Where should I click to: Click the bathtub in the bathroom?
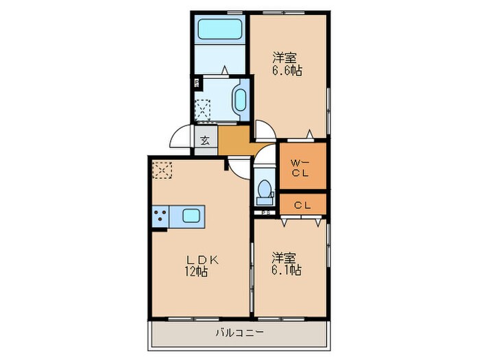coord(219,29)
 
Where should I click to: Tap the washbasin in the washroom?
coord(241,99)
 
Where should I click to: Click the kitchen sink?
coord(190,217)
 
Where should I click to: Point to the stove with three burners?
coord(161,217)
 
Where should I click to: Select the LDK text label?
coord(204,259)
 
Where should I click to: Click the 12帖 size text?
coord(197,272)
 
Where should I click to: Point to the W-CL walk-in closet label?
coord(302,167)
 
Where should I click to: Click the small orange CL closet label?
coord(302,204)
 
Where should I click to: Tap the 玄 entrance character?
coord(205,141)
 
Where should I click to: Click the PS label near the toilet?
coord(264,213)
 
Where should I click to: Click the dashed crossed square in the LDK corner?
coord(163,169)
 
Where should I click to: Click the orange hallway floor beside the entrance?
coord(237,141)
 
